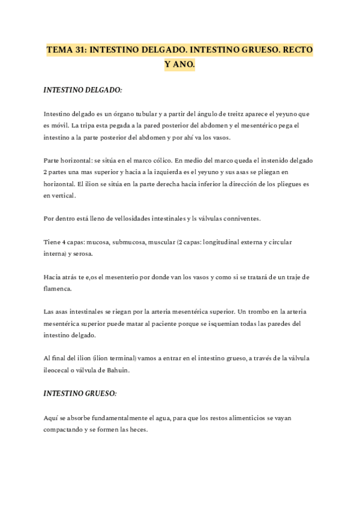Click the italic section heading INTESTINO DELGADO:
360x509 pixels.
point(83,90)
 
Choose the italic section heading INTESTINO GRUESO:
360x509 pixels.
point(80,393)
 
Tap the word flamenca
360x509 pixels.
point(60,288)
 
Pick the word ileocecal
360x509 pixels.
point(58,370)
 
